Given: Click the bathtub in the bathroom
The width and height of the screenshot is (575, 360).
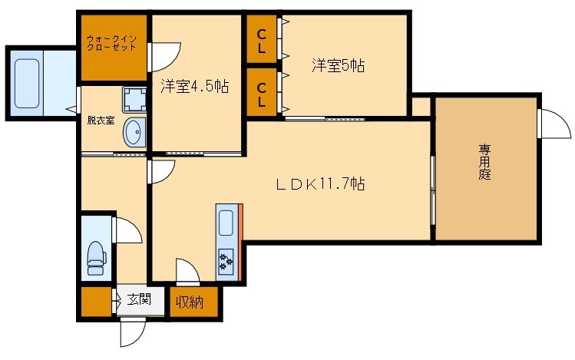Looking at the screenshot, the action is [x=27, y=84].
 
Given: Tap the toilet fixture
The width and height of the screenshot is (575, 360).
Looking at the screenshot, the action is [x=96, y=258].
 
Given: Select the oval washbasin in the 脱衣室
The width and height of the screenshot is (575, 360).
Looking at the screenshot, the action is [x=134, y=132].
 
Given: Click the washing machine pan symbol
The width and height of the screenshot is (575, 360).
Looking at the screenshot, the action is [x=134, y=99].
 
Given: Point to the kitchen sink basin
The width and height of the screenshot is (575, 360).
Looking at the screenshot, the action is [x=226, y=223].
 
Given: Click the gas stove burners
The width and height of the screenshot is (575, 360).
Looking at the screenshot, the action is [x=226, y=262].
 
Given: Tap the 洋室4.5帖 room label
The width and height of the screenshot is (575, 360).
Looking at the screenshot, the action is [x=195, y=87].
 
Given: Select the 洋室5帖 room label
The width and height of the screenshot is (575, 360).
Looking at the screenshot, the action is [x=338, y=65].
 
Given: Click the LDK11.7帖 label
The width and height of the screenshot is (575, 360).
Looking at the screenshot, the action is [x=320, y=183].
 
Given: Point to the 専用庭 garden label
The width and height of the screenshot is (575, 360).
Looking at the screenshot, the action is [x=484, y=162].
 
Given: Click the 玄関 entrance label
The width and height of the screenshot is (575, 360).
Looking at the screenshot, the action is [x=140, y=299].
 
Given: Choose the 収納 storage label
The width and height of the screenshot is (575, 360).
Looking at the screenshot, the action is [x=189, y=302].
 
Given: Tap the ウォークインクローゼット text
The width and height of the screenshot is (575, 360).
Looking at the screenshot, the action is [x=111, y=43].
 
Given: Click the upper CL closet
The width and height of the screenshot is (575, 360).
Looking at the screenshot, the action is [x=262, y=39].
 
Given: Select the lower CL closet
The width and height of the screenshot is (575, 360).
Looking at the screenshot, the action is [x=262, y=92].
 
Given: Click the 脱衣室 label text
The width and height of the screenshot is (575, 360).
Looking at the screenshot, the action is [x=101, y=121].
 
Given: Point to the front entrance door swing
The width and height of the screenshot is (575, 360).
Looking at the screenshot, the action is [x=133, y=332].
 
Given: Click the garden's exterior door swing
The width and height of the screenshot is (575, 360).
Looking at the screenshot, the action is [x=554, y=124].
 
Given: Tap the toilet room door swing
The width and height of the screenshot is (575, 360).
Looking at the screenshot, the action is [x=127, y=230].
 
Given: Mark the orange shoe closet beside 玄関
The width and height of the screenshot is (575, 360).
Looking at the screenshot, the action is [x=97, y=302].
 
